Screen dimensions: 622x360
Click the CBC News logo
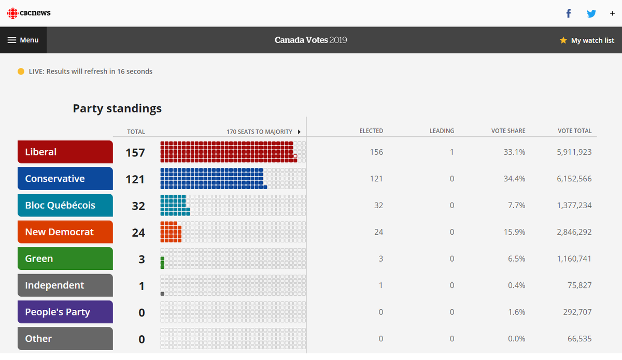(29, 13)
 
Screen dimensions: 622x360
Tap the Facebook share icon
(569, 13)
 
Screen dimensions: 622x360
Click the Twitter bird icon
(591, 13)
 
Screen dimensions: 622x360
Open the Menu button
(23, 40)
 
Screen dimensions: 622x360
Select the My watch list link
(587, 40)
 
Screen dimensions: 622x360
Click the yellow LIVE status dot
(21, 71)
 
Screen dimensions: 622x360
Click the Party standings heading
(117, 108)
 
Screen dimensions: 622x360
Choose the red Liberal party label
(65, 152)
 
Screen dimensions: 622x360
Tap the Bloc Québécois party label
(65, 205)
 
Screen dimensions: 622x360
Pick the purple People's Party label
(65, 312)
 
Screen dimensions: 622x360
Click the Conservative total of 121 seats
(135, 179)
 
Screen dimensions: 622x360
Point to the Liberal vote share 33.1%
(514, 152)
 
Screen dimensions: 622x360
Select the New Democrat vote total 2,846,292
(574, 232)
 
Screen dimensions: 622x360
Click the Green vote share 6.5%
(516, 258)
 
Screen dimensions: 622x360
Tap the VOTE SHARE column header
(508, 131)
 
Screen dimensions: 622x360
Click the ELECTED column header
(371, 131)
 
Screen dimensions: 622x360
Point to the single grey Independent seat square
(162, 294)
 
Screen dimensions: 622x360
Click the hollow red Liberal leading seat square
(295, 156)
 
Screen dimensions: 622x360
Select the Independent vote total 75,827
(579, 285)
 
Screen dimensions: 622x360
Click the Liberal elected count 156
(376, 152)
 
